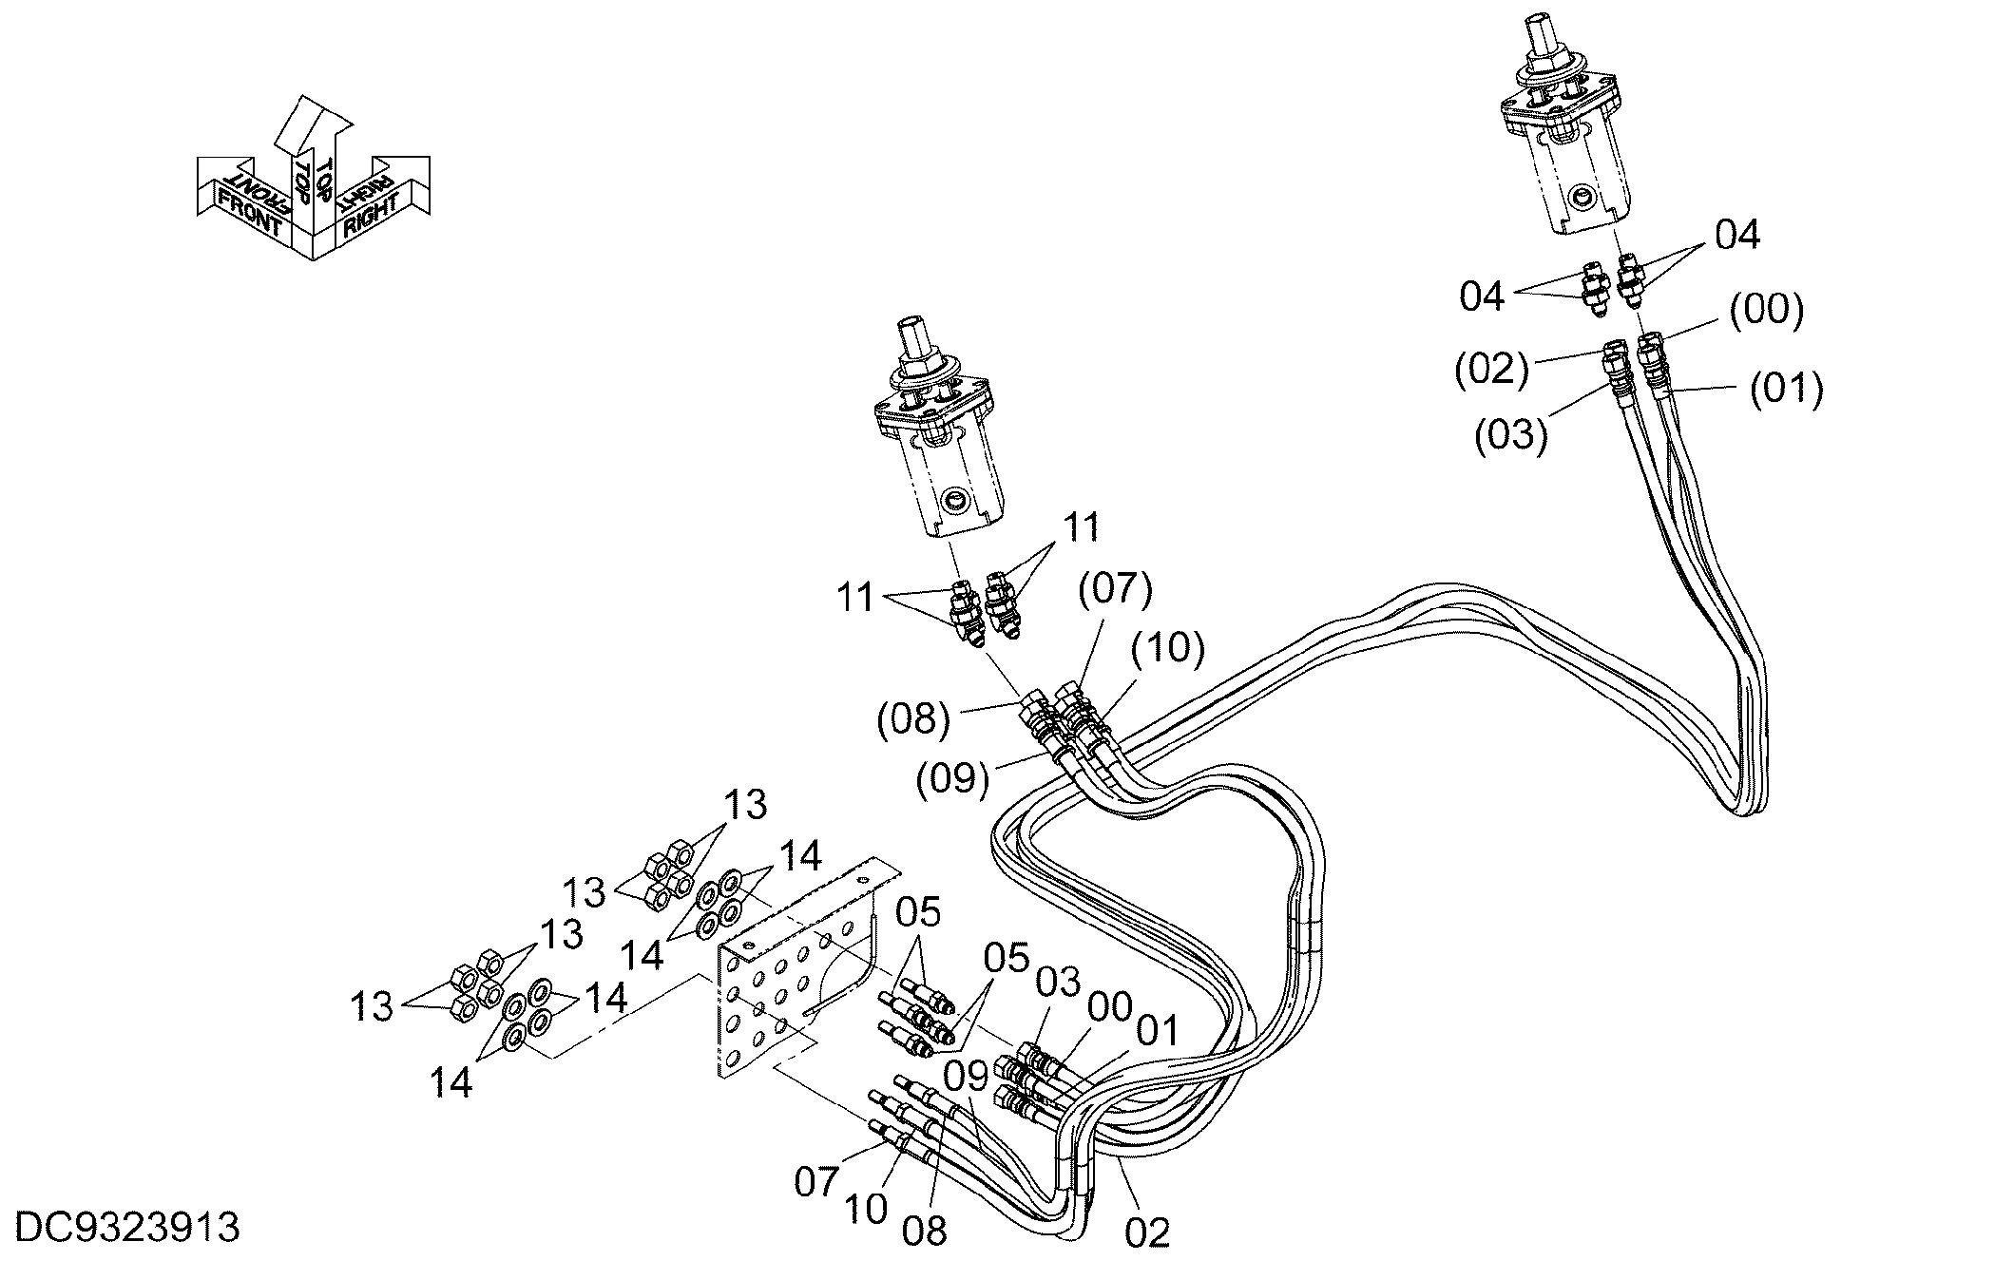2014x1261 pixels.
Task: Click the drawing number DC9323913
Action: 128,1228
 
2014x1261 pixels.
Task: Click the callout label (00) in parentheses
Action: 1766,310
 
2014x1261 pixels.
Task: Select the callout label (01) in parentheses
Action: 1787,389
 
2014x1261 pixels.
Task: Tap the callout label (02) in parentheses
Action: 1491,369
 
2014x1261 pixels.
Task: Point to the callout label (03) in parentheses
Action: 1511,434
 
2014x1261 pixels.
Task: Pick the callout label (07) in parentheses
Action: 1115,589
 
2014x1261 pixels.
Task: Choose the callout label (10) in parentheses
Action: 1168,647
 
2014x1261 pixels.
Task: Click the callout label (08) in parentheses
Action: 913,718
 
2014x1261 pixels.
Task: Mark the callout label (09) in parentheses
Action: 953,778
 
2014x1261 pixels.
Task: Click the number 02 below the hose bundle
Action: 1147,1232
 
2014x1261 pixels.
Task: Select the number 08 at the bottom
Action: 925,1232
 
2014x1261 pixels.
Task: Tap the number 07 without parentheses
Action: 817,1182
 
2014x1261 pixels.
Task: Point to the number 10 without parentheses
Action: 865,1209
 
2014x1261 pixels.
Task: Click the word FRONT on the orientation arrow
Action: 250,213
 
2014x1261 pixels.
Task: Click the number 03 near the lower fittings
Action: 1058,982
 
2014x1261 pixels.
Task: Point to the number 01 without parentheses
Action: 1157,1031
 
